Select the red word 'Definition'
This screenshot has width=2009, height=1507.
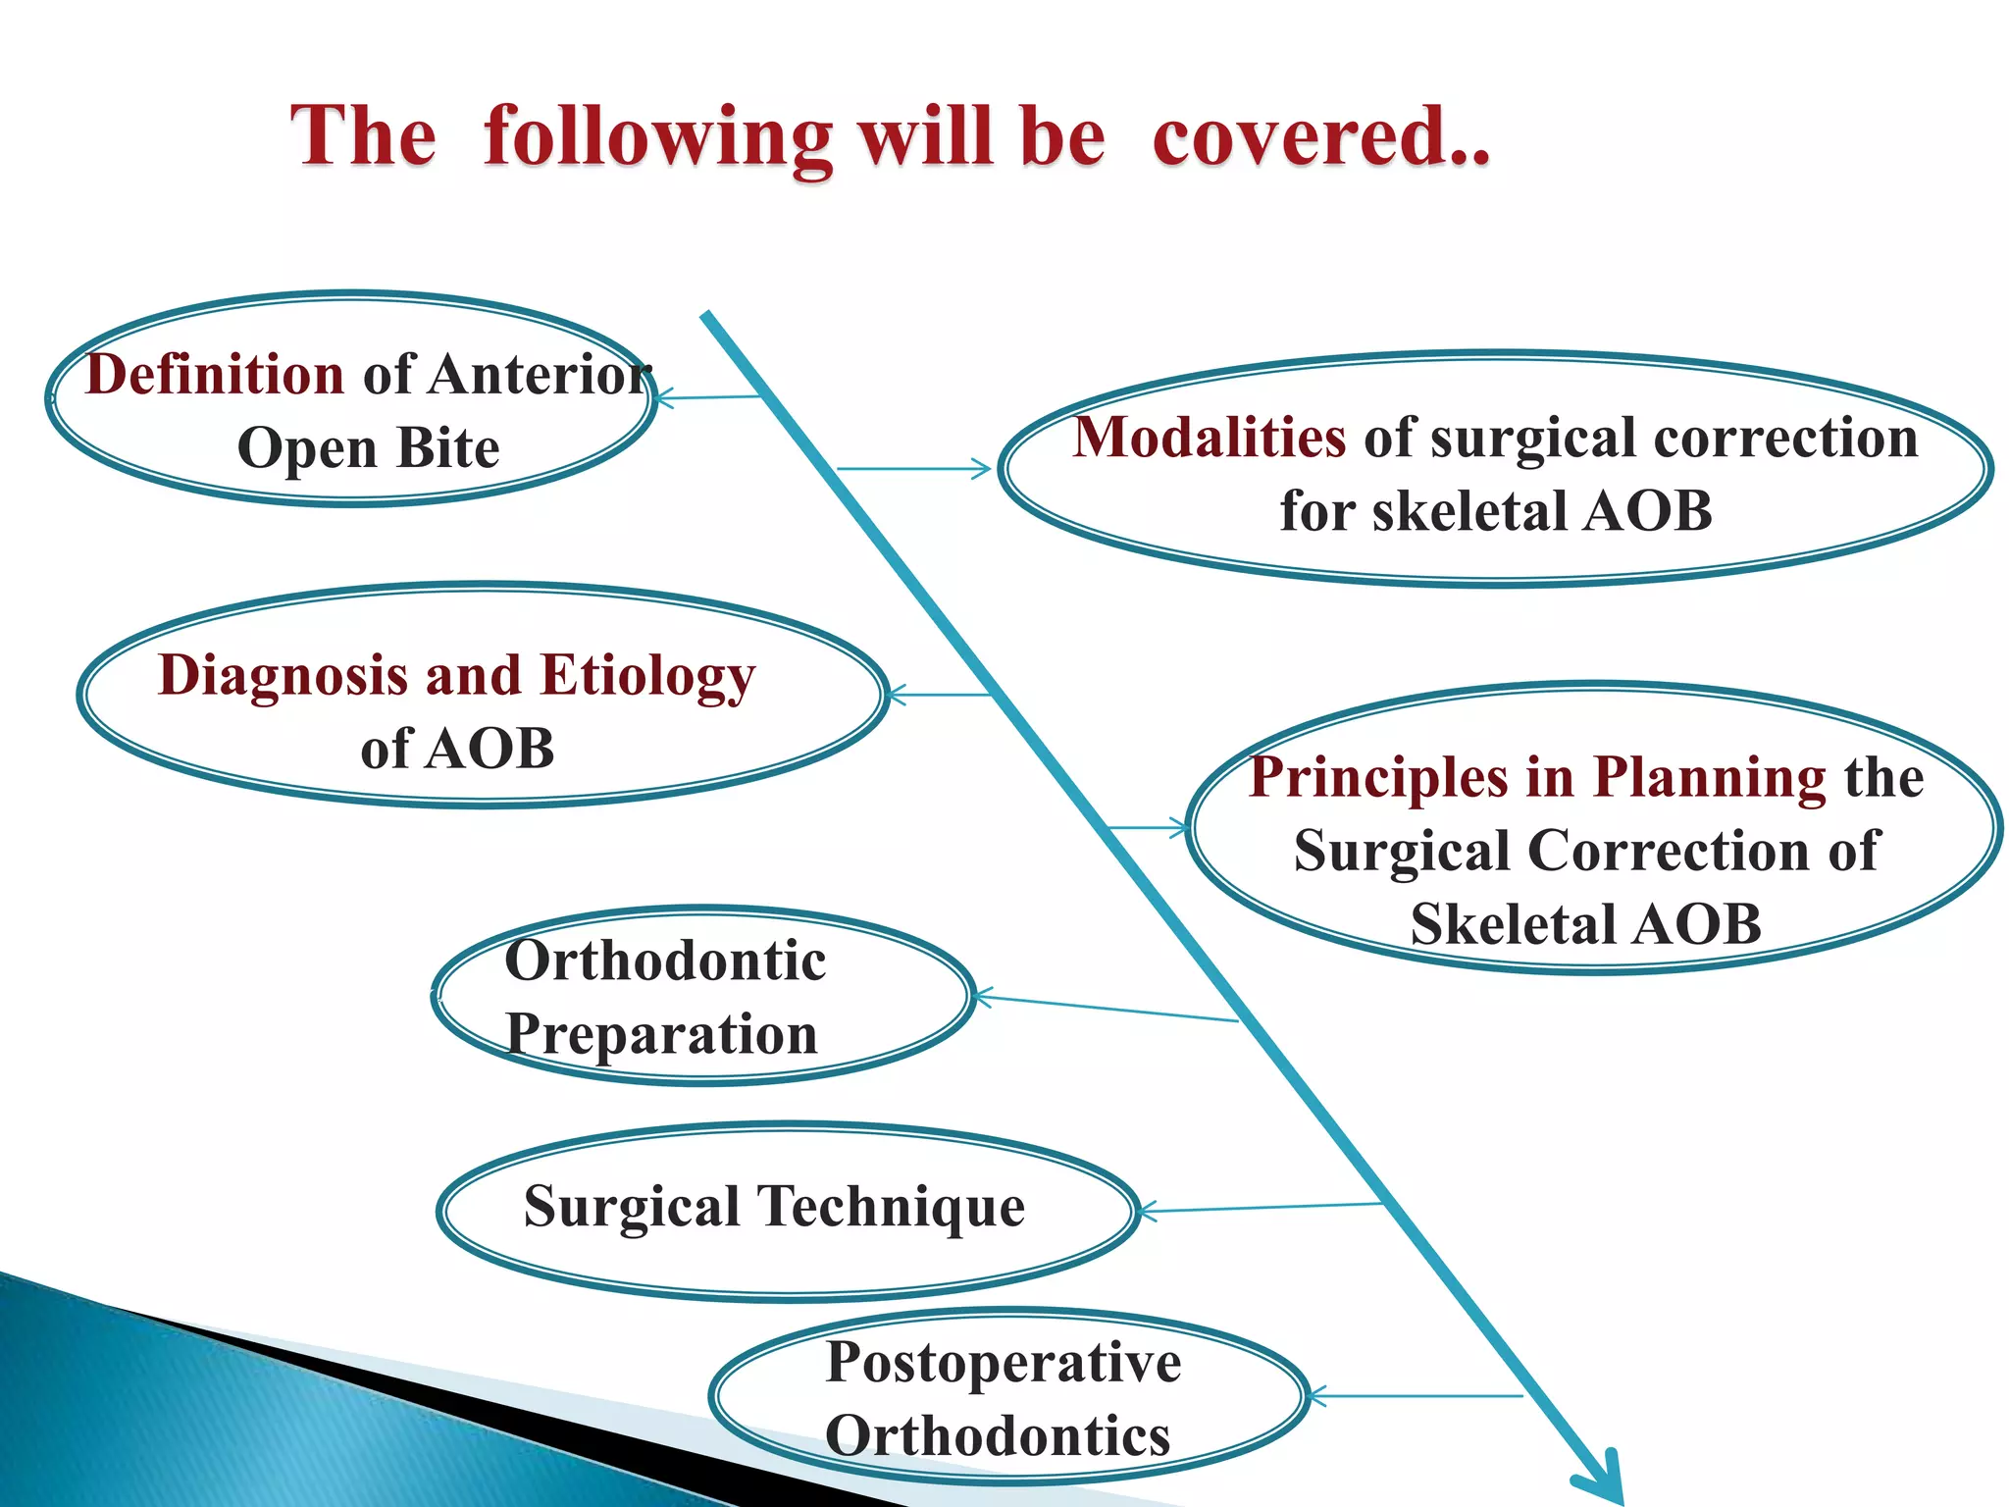tap(215, 375)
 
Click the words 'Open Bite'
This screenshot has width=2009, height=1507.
tap(368, 448)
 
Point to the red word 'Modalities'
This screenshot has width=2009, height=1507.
tap(1209, 438)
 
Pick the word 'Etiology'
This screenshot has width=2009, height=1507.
tap(647, 677)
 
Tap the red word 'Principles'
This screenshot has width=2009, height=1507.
tap(1378, 778)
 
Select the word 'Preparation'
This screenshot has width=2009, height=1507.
tap(661, 1035)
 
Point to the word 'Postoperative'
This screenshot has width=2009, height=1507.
tap(1003, 1363)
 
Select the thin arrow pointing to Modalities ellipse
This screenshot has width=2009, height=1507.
tap(912, 469)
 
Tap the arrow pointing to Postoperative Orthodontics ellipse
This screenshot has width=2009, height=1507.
tap(1413, 1396)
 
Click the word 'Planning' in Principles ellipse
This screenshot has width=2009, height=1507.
tap(1709, 778)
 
